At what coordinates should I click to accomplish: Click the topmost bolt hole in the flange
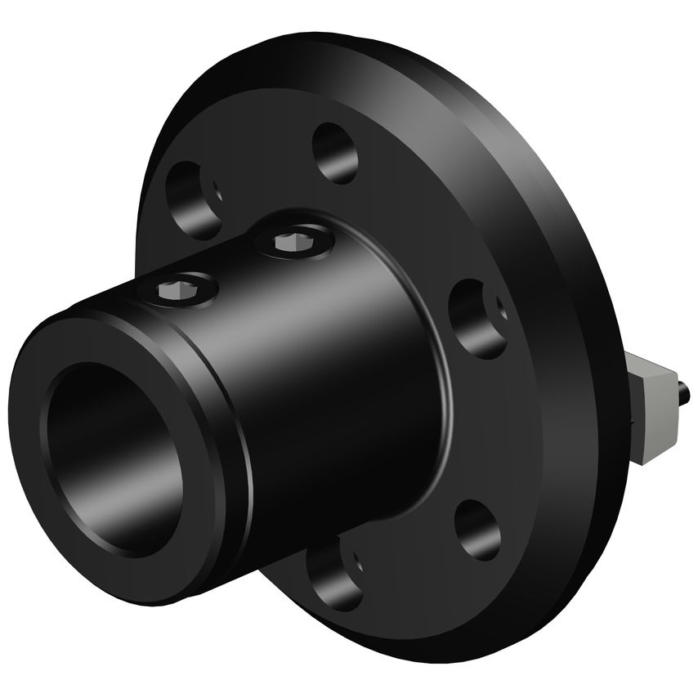point(335,153)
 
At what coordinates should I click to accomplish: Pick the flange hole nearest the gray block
point(478,318)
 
